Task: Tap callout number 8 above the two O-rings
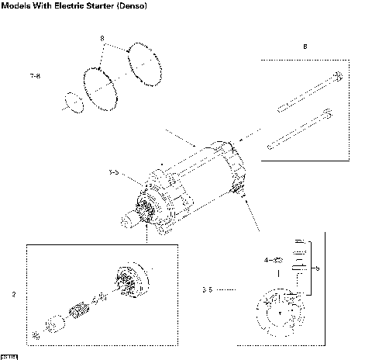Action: (x=102, y=38)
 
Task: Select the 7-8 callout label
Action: (x=35, y=76)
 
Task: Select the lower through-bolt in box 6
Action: (x=300, y=130)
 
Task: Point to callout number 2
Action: (x=14, y=294)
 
